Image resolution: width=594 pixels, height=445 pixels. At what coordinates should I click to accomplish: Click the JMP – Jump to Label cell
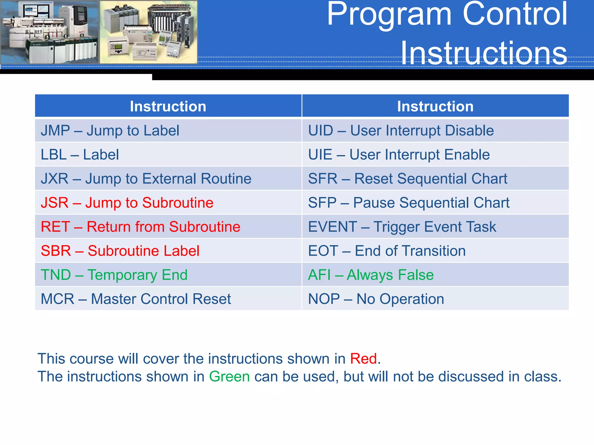point(110,130)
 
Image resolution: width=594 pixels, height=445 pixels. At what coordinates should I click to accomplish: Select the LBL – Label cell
point(80,154)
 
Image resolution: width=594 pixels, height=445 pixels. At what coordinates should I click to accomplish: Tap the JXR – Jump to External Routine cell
point(146,178)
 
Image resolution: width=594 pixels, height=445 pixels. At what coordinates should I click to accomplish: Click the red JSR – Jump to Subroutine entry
point(127,203)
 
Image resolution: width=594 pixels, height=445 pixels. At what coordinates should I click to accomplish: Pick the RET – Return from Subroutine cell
point(140,227)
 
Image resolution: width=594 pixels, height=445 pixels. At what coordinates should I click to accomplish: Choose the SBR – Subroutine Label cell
point(120,251)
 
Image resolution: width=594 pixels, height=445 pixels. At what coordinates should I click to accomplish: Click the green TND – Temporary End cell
point(114,275)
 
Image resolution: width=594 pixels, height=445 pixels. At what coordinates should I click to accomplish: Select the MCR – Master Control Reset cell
point(136,299)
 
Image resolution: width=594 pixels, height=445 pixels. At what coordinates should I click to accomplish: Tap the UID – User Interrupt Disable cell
point(401,130)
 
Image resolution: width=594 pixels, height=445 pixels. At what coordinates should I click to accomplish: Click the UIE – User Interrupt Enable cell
point(399,154)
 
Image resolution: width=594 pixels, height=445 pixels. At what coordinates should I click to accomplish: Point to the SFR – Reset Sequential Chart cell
point(408,178)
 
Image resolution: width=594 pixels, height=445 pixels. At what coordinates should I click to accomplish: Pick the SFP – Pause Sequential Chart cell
point(409,203)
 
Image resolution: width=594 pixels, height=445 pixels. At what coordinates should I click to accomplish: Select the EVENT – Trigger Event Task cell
point(402,227)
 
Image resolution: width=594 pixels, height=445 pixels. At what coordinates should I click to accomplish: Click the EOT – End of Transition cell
point(387,251)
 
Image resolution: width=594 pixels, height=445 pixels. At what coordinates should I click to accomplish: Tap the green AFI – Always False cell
point(371,275)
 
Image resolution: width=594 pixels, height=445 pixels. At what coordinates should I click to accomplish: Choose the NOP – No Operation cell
point(376,299)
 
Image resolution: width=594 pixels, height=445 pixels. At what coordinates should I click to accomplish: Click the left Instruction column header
point(168,106)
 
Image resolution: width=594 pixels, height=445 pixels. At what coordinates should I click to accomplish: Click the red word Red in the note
point(363,359)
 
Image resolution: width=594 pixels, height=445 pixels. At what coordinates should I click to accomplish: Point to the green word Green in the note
point(229,377)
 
